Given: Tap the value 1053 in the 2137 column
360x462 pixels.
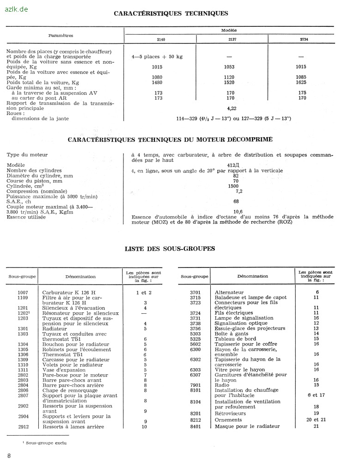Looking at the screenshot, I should pos(229,67).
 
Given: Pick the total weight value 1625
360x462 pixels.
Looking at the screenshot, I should pos(301,82).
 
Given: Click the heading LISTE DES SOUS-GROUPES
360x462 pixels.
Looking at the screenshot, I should pos(170,249).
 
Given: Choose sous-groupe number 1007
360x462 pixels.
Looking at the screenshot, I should pos(23,292).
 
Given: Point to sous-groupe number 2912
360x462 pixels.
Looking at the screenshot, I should pos(23,427).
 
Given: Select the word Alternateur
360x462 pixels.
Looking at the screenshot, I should pos(229,292).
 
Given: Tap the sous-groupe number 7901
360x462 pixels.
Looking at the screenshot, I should pos(195,385).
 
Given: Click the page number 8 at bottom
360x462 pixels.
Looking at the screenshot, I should pos(9,456).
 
